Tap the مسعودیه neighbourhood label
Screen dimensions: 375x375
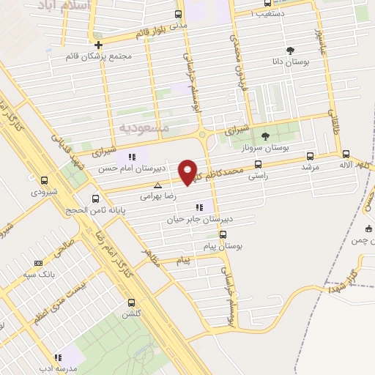pos(144,127)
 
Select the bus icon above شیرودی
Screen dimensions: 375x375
pos(44,180)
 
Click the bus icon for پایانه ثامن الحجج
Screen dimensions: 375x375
pos(95,198)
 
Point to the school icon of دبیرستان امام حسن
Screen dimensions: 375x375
pos(132,157)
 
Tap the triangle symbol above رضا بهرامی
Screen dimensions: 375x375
pos(157,186)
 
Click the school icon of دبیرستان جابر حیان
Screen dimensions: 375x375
pos(198,207)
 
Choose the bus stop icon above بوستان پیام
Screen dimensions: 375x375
pos(223,235)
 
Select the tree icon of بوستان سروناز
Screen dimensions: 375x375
pos(265,136)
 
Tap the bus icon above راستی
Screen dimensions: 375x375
pos(257,166)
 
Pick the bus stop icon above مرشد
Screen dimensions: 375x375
pos(309,155)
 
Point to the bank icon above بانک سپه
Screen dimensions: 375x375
pos(39,264)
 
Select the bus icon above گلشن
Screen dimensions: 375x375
pos(132,302)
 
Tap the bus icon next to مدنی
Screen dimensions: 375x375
pos(179,14)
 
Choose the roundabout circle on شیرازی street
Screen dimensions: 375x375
pos(201,135)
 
